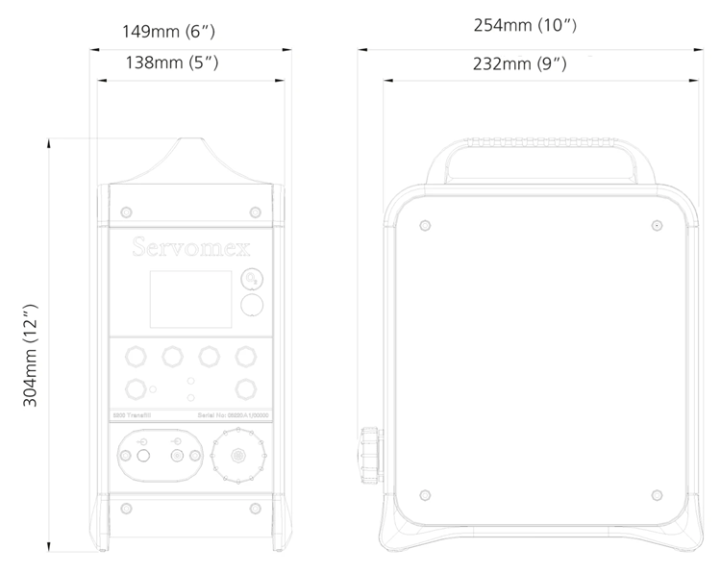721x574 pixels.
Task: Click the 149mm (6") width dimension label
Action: pos(168,32)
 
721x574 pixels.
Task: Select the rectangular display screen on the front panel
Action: pos(190,299)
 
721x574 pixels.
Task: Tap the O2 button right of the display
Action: pos(251,278)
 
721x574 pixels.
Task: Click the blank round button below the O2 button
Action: pos(252,306)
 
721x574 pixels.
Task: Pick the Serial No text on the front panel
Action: pos(233,414)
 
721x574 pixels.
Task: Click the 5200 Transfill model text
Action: pos(133,414)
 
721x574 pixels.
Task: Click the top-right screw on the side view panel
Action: pos(656,225)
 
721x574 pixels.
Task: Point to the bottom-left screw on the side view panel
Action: pos(424,494)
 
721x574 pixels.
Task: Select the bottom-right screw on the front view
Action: pos(254,506)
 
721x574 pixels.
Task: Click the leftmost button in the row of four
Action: pos(137,357)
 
